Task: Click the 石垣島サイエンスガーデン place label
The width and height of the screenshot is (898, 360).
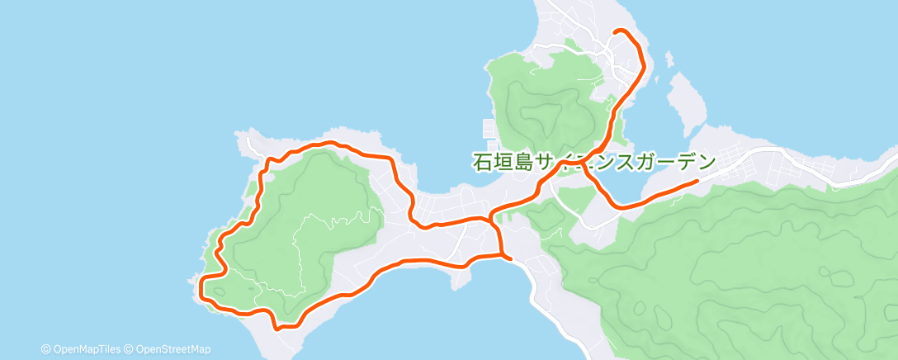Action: tap(593, 161)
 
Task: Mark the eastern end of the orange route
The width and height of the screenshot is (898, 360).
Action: tap(697, 180)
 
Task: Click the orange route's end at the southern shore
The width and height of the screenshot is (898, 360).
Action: tap(510, 258)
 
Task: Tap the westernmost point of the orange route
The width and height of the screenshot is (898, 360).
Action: tap(201, 289)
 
